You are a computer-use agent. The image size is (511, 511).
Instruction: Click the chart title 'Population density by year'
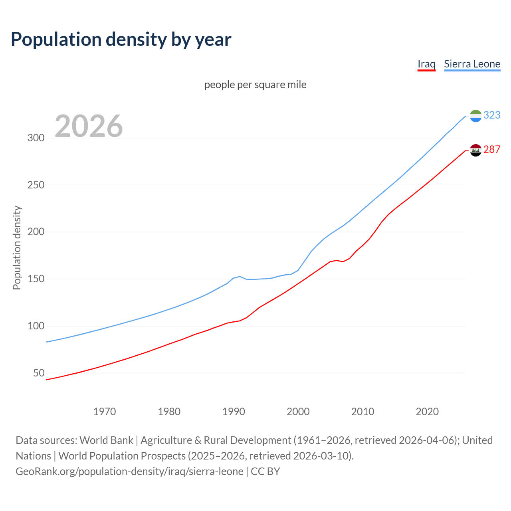pos(121,39)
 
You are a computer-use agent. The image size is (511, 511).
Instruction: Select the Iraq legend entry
pos(426,64)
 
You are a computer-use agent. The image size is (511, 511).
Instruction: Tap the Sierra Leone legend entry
pos(472,64)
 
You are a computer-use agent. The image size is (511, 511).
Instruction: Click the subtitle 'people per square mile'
pos(255,85)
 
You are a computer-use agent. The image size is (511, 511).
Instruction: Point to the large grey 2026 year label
pos(89,126)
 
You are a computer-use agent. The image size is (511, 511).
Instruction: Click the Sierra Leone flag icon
pos(475,116)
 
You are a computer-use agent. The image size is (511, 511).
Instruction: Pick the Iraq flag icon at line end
pos(475,150)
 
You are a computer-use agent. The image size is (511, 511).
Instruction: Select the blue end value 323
pos(492,115)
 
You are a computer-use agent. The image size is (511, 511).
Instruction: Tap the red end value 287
pos(492,149)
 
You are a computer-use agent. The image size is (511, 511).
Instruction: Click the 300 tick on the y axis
pos(36,138)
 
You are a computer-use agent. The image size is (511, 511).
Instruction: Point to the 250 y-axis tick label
pos(36,185)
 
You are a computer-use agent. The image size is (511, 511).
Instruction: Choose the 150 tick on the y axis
pos(36,279)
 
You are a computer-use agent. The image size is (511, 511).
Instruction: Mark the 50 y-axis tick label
pos(39,373)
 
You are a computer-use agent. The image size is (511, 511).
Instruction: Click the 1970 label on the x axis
pos(105,412)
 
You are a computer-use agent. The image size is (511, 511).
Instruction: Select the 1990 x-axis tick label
pos(234,412)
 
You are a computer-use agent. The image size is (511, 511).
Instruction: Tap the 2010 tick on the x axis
pos(362,412)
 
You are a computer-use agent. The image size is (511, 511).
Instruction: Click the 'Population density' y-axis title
pos(17,248)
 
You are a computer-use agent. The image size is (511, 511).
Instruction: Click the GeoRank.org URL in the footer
pos(129,471)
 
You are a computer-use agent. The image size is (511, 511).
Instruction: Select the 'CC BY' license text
pos(265,471)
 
